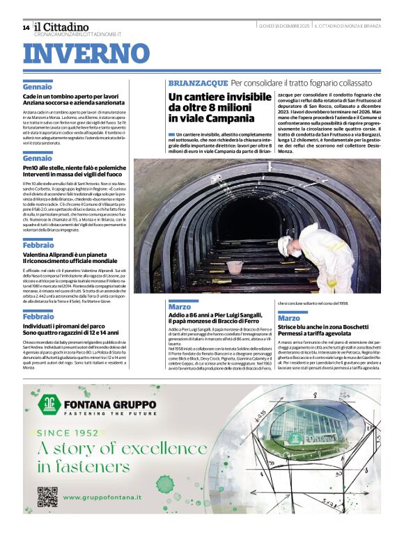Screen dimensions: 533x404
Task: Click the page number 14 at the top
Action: (26, 28)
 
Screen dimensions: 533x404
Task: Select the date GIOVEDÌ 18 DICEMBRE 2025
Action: (283, 26)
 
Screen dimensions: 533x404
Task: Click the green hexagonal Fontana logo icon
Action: (48, 406)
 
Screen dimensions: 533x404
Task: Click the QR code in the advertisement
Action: (47, 497)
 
